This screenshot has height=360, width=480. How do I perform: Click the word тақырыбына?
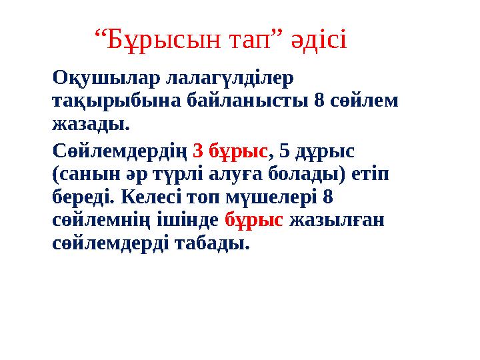[x=109, y=101]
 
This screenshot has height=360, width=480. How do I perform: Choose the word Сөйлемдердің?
[x=119, y=151]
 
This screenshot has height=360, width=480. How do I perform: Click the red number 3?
[x=198, y=151]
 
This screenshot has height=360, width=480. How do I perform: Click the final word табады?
[x=211, y=243]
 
